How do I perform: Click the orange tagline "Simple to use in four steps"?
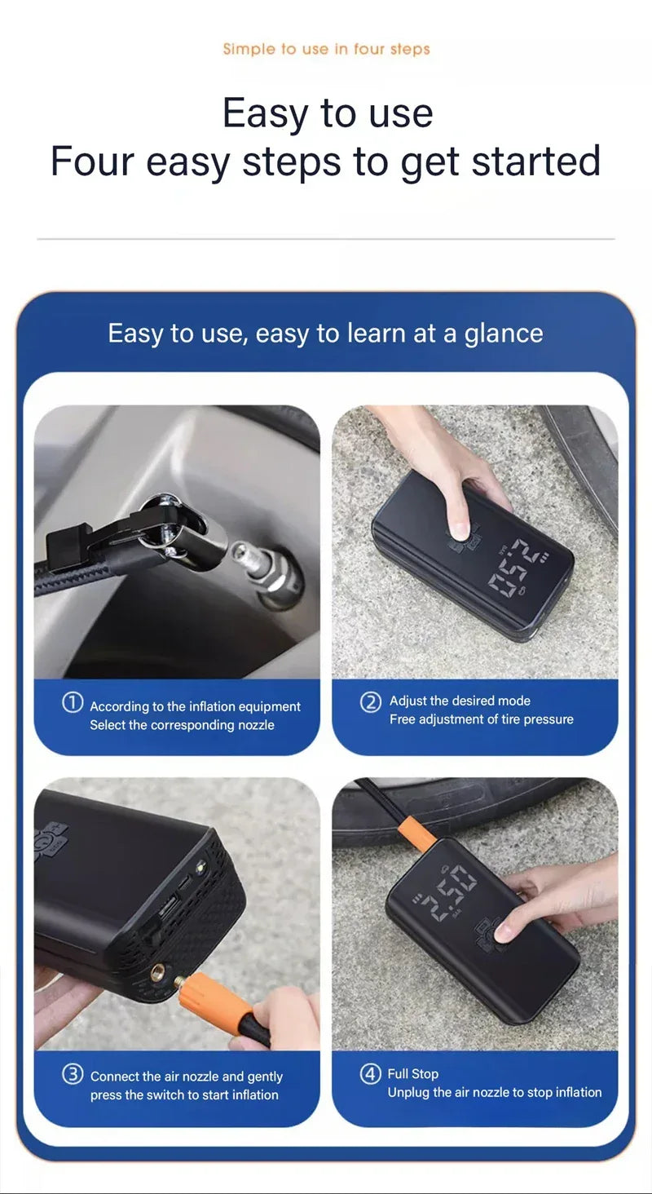(x=326, y=49)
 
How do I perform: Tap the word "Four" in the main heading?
(x=91, y=161)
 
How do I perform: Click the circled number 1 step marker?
(x=73, y=703)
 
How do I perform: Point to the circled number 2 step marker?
(x=371, y=701)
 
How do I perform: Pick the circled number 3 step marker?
(x=73, y=1074)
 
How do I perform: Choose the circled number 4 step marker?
(x=371, y=1074)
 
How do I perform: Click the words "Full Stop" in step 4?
(x=413, y=1074)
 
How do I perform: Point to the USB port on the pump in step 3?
(x=168, y=904)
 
